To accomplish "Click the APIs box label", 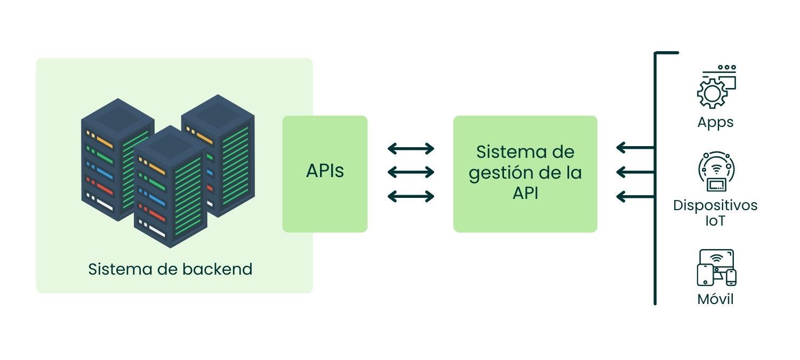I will (325, 171).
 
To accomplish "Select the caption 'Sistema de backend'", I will (170, 269).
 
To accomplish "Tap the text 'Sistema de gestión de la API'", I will (525, 172).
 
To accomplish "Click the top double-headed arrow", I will (411, 148).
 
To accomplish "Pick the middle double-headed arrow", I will (411, 172).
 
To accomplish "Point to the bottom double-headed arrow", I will (411, 196).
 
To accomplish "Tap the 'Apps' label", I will (715, 122).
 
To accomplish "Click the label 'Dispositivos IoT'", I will (715, 213).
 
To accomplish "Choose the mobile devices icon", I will (716, 268).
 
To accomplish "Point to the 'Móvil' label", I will (715, 299).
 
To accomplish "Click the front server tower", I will (170, 187).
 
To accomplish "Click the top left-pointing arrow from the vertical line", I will (635, 147).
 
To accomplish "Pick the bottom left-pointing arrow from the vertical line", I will (635, 197).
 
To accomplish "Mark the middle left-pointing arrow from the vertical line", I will (635, 172).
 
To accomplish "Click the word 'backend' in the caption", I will (217, 269).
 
